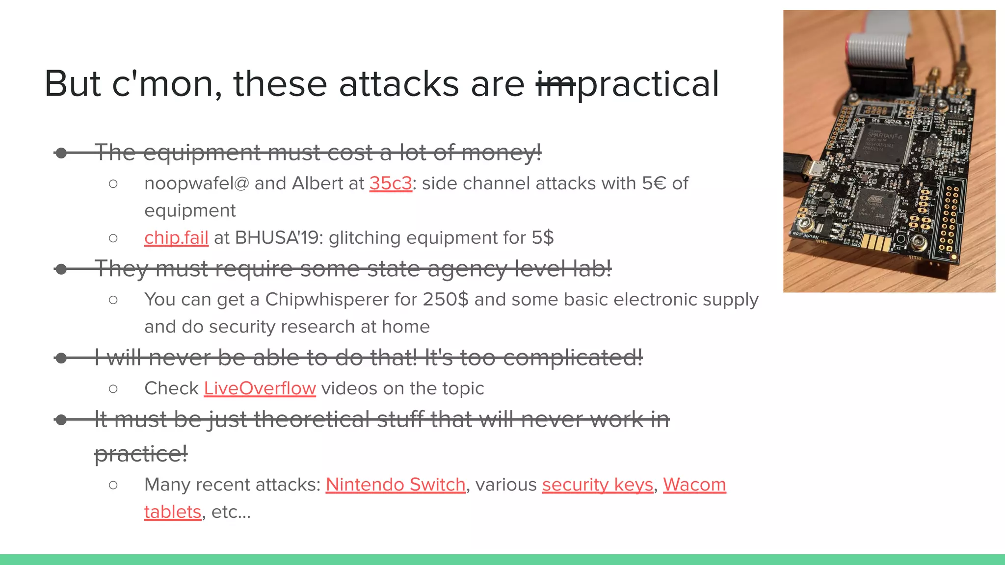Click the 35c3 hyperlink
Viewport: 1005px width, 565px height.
point(391,183)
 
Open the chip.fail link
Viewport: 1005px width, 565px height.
point(176,238)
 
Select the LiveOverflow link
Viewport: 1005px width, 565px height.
point(260,388)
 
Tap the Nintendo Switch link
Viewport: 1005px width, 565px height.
point(395,485)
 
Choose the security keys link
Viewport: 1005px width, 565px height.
point(597,485)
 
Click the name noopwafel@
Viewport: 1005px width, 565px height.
point(196,183)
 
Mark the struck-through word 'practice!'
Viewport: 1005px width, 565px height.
point(141,454)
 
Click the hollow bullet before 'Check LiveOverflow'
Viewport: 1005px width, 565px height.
point(113,389)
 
